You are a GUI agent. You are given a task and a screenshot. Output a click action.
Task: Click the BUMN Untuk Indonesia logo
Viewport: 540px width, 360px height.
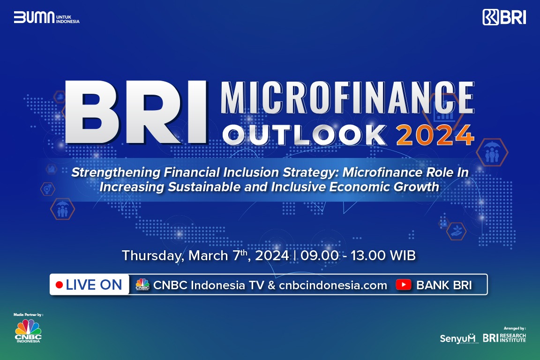tap(46, 18)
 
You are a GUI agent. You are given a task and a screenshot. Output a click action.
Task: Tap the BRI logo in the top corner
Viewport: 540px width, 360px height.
tap(504, 17)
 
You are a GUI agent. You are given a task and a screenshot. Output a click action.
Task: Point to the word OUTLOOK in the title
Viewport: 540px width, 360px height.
tap(305, 135)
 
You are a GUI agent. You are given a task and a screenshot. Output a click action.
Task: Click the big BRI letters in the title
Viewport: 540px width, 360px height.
tap(136, 112)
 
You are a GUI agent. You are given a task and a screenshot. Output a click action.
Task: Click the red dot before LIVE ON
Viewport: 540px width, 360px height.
tap(59, 285)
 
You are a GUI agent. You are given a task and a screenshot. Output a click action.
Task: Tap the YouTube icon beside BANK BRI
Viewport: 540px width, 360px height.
tap(403, 285)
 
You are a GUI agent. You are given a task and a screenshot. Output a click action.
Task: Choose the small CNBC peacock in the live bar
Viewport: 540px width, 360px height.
tap(142, 285)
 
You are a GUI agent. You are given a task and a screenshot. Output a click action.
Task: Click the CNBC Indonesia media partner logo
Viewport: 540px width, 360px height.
tap(28, 331)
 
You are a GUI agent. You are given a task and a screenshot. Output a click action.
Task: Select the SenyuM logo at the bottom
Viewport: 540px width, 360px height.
tap(457, 338)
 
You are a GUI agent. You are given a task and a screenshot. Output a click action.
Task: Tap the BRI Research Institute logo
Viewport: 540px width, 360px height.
tap(504, 338)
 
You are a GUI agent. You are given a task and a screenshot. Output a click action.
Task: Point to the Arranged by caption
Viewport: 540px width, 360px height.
tap(515, 328)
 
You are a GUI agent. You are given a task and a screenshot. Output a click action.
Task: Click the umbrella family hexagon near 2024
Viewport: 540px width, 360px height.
tap(492, 153)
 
